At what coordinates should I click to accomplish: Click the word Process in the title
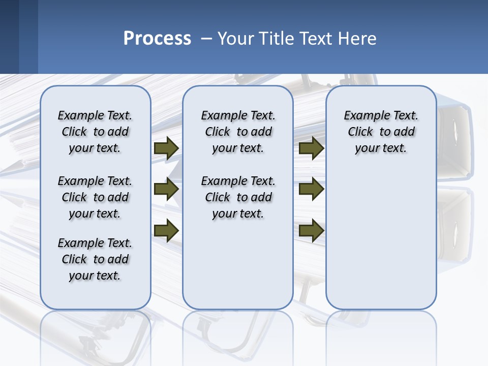[157, 39]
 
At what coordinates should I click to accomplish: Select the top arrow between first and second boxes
[166, 148]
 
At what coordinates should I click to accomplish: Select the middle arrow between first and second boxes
[166, 189]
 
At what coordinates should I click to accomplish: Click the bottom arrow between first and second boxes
[166, 231]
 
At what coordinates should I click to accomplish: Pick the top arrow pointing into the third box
[311, 148]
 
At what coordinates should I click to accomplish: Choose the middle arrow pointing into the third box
[311, 189]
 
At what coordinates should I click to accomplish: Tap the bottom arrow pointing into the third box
[311, 231]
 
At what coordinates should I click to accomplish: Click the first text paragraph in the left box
[95, 132]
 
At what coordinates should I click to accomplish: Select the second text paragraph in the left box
[95, 197]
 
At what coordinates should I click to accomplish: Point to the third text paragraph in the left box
[95, 259]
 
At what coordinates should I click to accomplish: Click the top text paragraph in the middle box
[238, 132]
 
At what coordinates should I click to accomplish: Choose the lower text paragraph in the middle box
[238, 197]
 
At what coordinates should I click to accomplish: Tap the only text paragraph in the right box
[381, 132]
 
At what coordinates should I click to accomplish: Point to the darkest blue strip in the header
[9, 37]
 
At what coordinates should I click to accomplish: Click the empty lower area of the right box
[381, 244]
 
